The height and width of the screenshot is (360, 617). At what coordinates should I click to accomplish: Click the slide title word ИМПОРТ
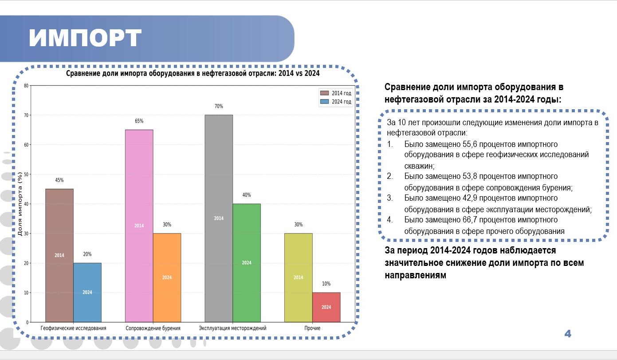pyautogui.click(x=85, y=38)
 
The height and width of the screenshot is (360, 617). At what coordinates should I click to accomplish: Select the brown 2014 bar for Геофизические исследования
pyautogui.click(x=59, y=255)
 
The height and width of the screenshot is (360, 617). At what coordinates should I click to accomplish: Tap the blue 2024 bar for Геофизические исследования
pyautogui.click(x=87, y=293)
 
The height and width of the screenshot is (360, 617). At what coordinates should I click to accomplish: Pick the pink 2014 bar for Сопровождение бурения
pyautogui.click(x=139, y=226)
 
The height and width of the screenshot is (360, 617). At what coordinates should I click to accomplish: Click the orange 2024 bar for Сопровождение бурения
pyautogui.click(x=167, y=277)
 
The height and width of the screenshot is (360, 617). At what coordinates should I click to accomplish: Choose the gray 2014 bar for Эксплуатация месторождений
pyautogui.click(x=219, y=218)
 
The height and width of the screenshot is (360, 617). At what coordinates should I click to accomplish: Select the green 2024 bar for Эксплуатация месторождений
pyautogui.click(x=247, y=263)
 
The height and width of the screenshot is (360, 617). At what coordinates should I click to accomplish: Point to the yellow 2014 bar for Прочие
pyautogui.click(x=299, y=277)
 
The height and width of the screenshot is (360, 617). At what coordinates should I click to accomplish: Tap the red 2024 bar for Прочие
pyautogui.click(x=326, y=307)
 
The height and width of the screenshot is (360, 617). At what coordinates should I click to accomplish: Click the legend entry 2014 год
pyautogui.click(x=335, y=93)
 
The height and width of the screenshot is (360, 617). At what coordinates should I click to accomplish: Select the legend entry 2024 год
pyautogui.click(x=335, y=102)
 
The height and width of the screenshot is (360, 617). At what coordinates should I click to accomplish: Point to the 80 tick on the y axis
pyautogui.click(x=26, y=86)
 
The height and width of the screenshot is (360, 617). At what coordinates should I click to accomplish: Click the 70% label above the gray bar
pyautogui.click(x=219, y=106)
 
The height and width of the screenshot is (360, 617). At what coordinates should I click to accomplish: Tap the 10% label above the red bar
pyautogui.click(x=326, y=284)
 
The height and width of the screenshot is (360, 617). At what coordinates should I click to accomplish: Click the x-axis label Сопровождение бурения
pyautogui.click(x=153, y=328)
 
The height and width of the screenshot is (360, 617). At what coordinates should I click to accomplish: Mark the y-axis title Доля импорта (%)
pyautogui.click(x=20, y=204)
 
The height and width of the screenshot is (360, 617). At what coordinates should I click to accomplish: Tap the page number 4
pyautogui.click(x=568, y=334)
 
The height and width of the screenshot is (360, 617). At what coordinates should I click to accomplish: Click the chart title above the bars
pyautogui.click(x=193, y=73)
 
